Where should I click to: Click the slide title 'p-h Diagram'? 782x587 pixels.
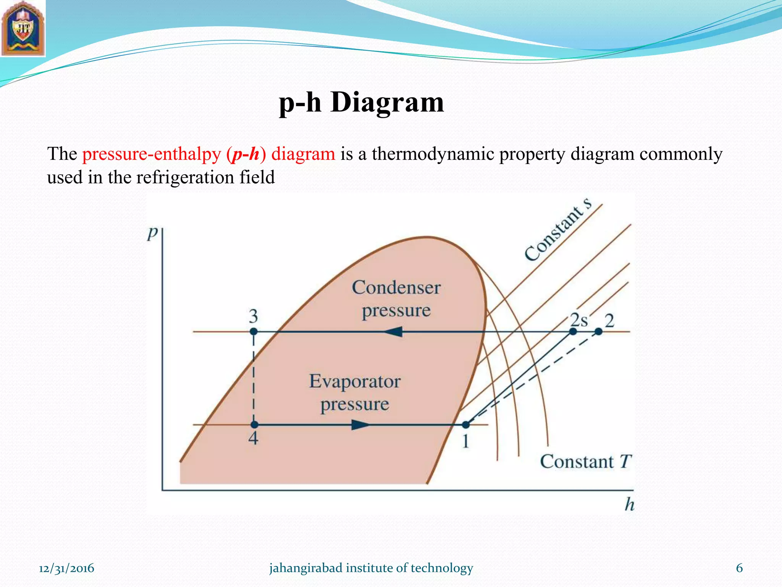point(361,102)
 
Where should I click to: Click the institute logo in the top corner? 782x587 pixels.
point(23,29)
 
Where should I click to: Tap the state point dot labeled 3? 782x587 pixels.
point(254,331)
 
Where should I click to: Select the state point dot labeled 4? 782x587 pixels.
point(254,425)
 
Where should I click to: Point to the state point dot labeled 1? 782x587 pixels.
point(465,425)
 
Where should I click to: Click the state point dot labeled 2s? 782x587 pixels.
point(573,331)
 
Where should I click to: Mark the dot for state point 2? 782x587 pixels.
point(598,331)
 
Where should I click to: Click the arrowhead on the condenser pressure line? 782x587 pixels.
point(393,331)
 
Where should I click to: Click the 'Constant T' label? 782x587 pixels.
point(585,461)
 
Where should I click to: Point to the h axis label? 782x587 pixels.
point(629,504)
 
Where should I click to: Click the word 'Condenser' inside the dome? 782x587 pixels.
point(396,287)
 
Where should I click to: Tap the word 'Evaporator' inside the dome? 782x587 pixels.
point(355,381)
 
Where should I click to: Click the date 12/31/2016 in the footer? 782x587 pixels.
point(66,568)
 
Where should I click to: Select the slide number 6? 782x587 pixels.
point(739,568)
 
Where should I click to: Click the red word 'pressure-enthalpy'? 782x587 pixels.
point(152,154)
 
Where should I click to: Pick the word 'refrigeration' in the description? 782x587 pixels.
point(186,177)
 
